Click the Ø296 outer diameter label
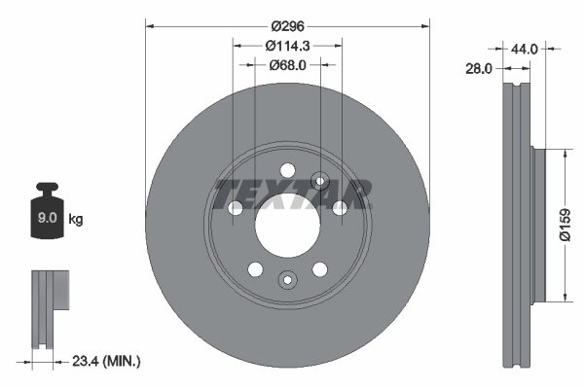tap(288, 26)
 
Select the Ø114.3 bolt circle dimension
tap(288, 46)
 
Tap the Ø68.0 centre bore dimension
tap(288, 65)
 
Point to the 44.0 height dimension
tap(527, 47)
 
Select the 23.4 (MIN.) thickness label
tap(107, 361)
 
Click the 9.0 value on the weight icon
tap(46, 219)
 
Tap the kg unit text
tap(76, 220)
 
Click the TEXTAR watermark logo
tap(289, 194)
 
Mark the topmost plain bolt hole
tap(287, 171)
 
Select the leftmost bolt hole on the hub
tap(236, 207)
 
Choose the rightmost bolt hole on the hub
tap(340, 207)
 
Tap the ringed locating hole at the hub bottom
tap(287, 280)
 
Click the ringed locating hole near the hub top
tap(319, 180)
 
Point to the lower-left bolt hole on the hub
tap(255, 269)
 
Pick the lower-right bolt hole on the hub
tap(319, 269)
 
